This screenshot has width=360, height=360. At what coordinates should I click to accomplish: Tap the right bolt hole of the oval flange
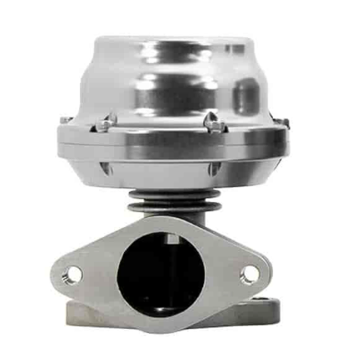tap(248, 274)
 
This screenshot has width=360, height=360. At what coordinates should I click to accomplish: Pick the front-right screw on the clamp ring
tap(212, 122)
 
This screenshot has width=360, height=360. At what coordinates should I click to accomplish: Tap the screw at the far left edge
tap(64, 120)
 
